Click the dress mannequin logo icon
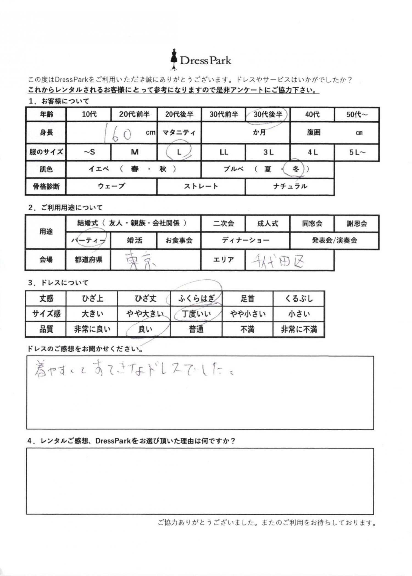tap(174, 59)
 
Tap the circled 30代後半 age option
tap(268, 114)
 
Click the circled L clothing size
tap(179, 152)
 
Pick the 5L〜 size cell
tap(357, 152)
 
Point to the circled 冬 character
tap(295, 169)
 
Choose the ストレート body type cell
tap(201, 186)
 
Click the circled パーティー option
tap(88, 241)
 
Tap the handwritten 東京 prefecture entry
tap(140, 260)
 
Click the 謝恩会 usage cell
tap(357, 224)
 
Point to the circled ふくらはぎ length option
tap(196, 298)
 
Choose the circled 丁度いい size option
tap(196, 314)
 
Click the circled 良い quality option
tap(145, 329)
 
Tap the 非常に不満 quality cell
tap(299, 329)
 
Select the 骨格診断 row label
tap(46, 186)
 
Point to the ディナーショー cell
tap(245, 241)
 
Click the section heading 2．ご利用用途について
tap(65, 208)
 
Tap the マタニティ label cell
tap(179, 133)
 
